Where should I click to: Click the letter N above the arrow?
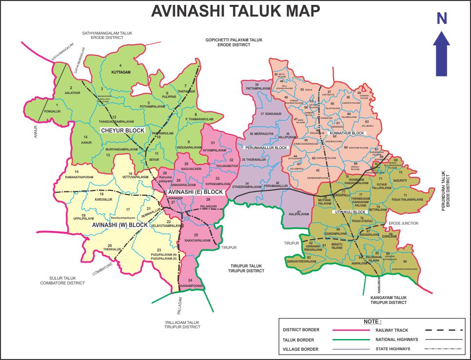[442, 19]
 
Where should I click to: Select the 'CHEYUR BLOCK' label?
[122, 130]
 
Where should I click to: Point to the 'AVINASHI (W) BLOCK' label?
[120, 225]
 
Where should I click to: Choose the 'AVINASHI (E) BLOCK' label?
[195, 192]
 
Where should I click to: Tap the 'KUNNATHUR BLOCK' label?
[347, 133]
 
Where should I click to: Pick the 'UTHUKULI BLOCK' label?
[349, 212]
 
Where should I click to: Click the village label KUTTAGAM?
[121, 72]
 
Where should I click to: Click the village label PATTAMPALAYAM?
[256, 89]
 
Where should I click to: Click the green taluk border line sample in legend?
[350, 340]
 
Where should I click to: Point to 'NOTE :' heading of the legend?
[373, 322]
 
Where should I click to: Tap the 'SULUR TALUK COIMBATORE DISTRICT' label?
[62, 280]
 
